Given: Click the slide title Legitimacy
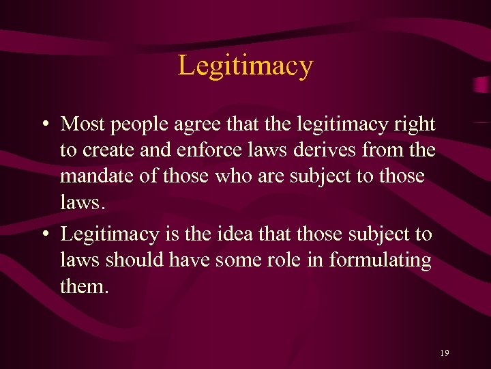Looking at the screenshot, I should tap(245, 66).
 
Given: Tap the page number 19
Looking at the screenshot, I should tap(444, 353).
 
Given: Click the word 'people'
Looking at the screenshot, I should tap(133, 126).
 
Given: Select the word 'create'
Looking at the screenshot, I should tap(108, 150).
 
